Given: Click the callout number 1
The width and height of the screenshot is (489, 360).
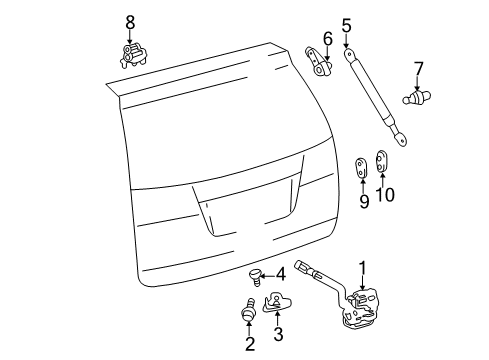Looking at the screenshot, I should pos(362,267).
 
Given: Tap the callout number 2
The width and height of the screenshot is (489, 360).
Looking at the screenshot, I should pos(250,344).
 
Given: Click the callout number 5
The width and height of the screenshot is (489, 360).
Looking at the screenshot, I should pos(346,25).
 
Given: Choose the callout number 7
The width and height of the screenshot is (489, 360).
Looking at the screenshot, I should pos(418,68).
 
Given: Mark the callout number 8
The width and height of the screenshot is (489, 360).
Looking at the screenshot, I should pos(129,21).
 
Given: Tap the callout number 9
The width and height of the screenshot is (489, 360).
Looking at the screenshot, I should pos(364,201).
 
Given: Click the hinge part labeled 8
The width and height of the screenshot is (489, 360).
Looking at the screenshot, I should pos(131,54).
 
